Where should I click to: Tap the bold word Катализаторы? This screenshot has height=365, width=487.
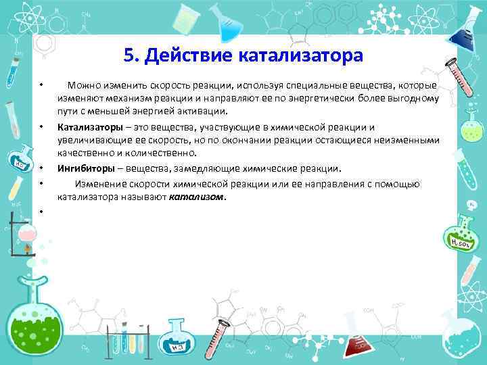tap(89, 127)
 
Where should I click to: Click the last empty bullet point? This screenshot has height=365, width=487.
tap(41, 212)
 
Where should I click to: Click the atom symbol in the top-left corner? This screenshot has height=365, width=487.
tap(20, 16)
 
